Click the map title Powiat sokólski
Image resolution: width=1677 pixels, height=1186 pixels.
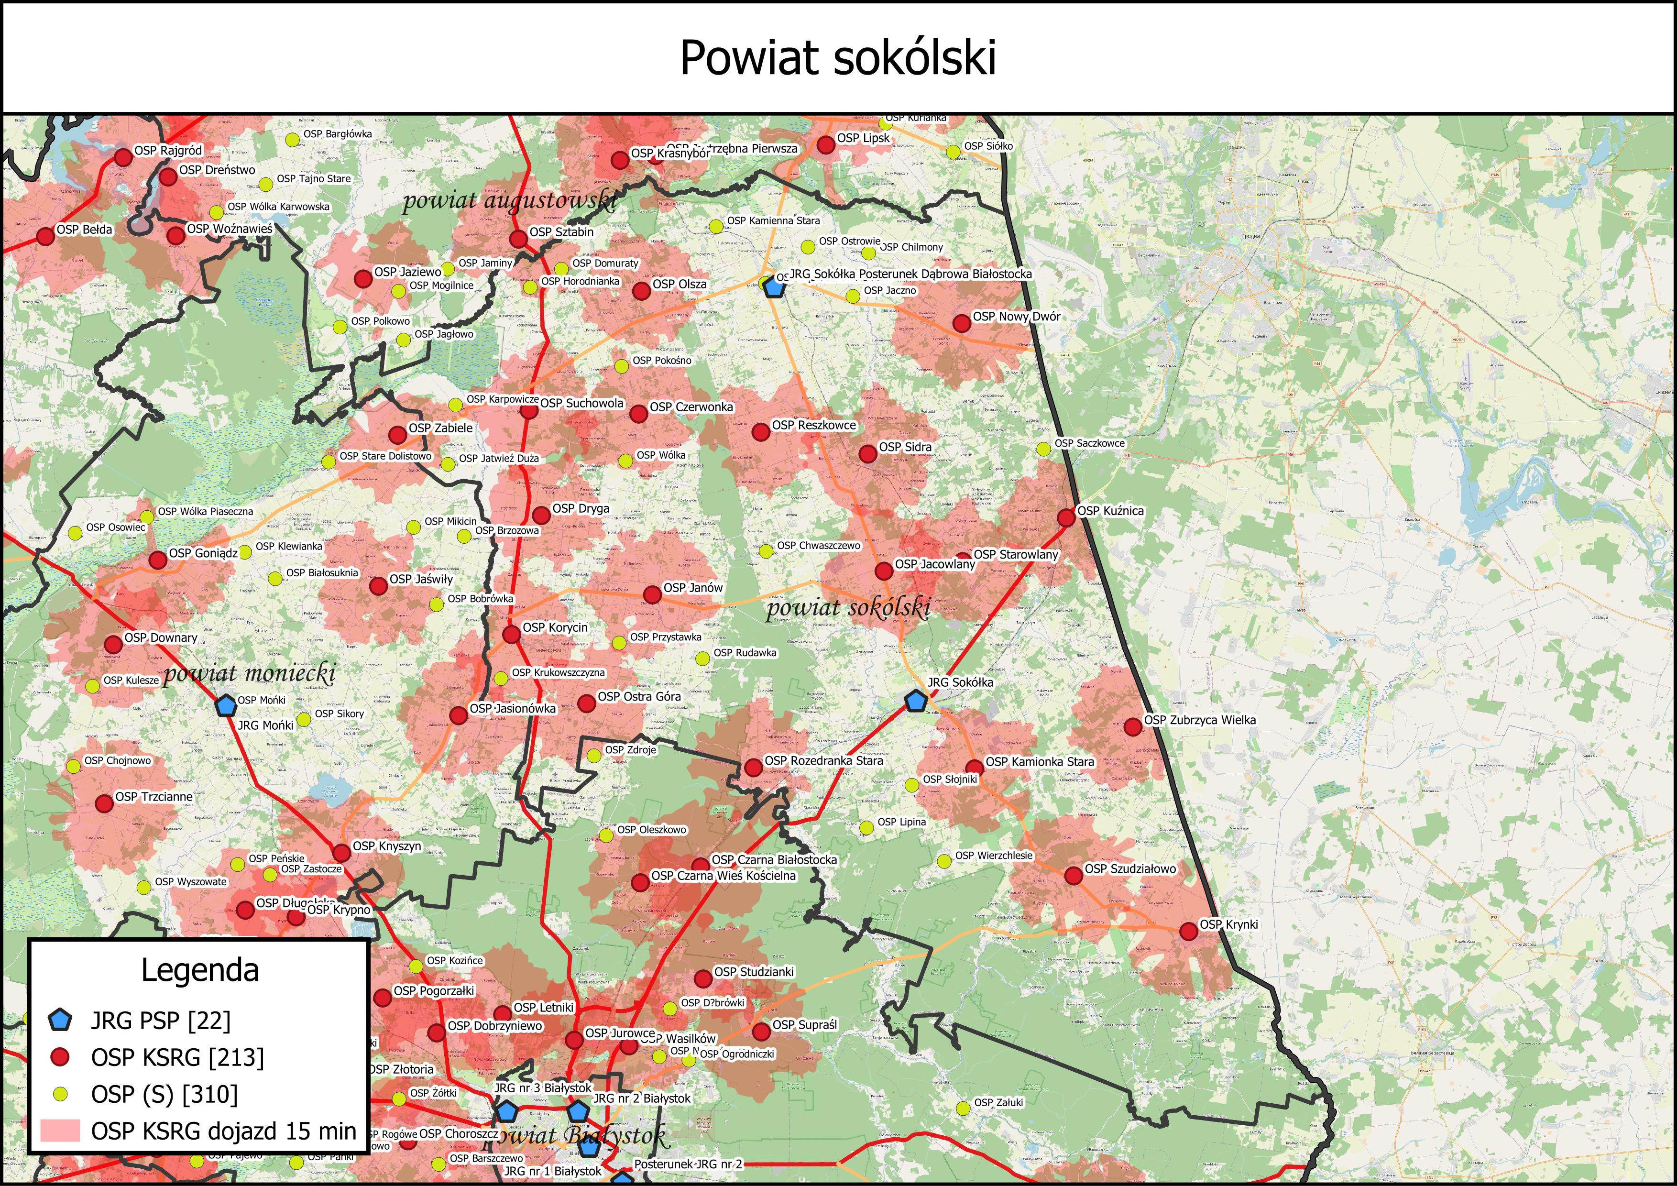coord(838,58)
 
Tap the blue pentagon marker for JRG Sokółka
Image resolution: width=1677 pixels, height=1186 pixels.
coord(915,701)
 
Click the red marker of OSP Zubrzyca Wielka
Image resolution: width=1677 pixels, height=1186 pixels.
coord(1132,726)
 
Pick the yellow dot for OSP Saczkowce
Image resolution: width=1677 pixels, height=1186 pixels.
coord(1044,449)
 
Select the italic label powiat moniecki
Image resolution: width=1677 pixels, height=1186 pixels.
coord(249,672)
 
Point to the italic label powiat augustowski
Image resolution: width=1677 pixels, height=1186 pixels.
coord(509,200)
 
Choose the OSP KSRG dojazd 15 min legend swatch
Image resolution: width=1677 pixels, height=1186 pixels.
coord(60,1131)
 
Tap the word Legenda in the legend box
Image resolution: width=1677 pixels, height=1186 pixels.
coord(199,970)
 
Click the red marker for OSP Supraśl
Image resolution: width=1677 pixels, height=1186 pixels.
coord(761,1031)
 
